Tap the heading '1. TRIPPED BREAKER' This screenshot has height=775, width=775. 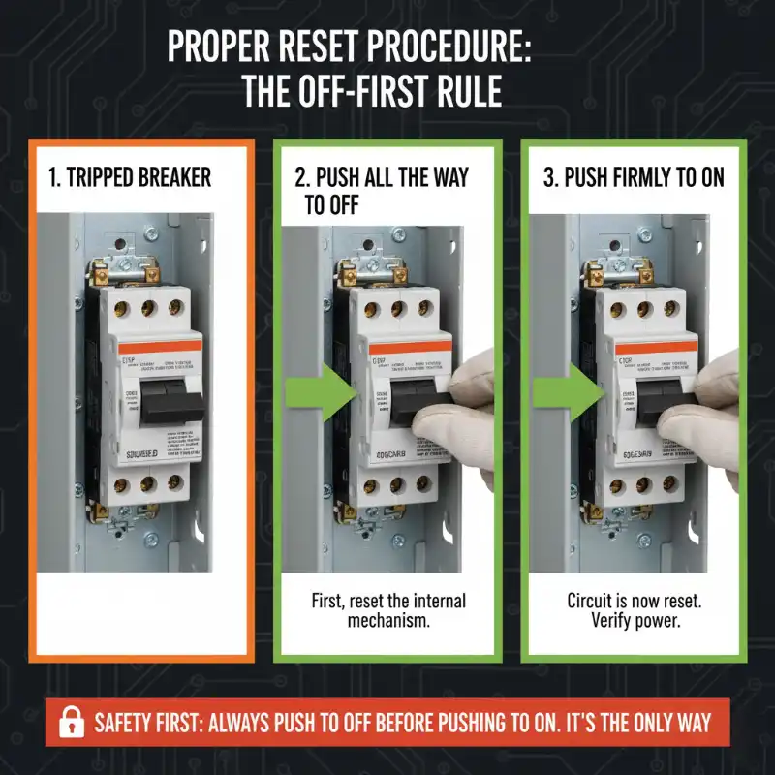[130, 178]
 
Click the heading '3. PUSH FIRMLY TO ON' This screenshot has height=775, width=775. [634, 178]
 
